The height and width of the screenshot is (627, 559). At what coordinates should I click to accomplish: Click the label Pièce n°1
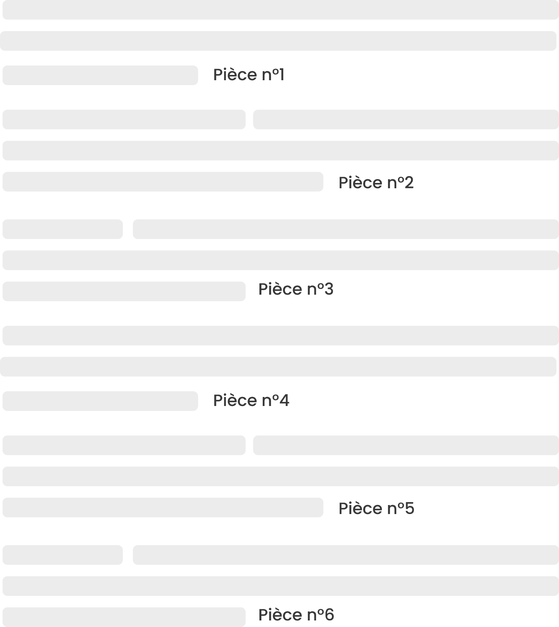pos(248,75)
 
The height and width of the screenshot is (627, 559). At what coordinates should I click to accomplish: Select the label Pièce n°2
pos(376,183)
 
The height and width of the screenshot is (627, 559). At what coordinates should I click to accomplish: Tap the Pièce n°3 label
pos(296,289)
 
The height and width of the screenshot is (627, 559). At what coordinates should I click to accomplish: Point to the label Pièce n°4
pos(251,401)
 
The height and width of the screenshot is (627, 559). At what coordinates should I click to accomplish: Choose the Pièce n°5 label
pos(376,508)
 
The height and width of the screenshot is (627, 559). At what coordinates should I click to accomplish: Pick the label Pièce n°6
pos(296,615)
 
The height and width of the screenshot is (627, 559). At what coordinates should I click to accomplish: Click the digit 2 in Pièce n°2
pos(409,183)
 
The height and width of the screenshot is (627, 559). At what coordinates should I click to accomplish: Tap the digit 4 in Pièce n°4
pos(284,401)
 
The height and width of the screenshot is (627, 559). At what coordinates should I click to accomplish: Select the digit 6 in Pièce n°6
pos(329,615)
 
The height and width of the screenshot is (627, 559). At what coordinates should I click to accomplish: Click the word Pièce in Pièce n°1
pos(235,75)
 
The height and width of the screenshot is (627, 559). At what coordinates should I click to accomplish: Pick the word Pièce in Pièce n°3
pos(280,289)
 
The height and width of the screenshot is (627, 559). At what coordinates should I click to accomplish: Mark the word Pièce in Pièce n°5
pos(360,508)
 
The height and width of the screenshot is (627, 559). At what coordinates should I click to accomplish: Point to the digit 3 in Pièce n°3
pos(329,289)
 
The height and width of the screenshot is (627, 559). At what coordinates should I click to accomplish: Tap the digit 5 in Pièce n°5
pos(409,508)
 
